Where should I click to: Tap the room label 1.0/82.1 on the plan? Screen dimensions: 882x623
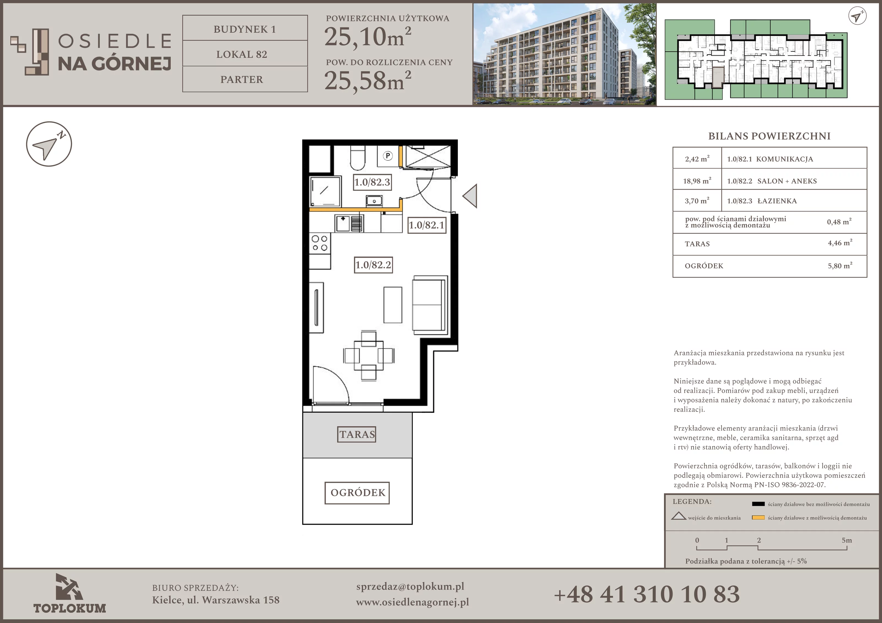click(426, 225)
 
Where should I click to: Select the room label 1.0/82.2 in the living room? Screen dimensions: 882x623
click(373, 265)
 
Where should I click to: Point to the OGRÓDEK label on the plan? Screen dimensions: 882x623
click(357, 493)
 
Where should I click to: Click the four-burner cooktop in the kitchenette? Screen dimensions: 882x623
click(320, 243)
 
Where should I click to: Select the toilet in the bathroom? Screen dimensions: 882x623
click(358, 158)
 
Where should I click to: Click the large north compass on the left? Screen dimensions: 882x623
click(49, 144)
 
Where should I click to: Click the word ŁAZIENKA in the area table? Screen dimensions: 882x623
click(777, 201)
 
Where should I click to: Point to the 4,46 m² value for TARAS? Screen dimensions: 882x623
click(840, 243)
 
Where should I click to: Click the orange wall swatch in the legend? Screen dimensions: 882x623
click(758, 517)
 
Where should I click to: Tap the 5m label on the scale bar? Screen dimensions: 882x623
click(847, 540)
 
